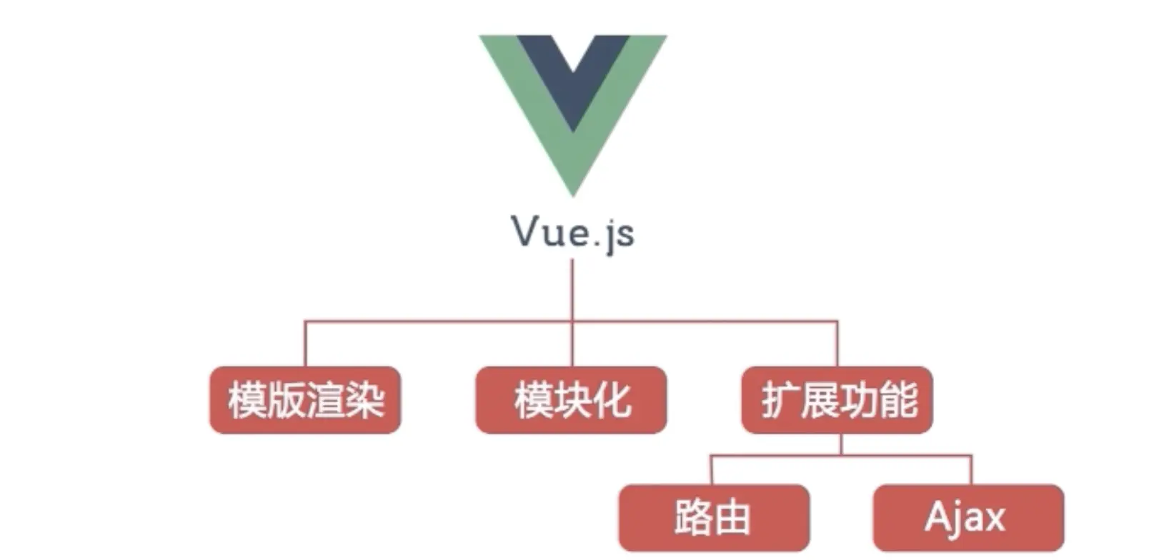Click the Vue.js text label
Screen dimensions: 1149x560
573,232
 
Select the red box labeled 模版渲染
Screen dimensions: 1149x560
305,400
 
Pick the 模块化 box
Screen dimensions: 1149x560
571,400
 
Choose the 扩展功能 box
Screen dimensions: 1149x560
837,400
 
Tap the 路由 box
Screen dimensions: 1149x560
714,518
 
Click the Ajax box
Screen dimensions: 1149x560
968,518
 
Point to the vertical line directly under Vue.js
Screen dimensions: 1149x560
572,289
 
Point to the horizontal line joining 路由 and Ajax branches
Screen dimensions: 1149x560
841,456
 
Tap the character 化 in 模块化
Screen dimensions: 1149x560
612,400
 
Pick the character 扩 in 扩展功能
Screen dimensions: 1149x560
780,400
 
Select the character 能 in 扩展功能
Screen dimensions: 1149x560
898,400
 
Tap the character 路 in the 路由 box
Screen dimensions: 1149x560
693,518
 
